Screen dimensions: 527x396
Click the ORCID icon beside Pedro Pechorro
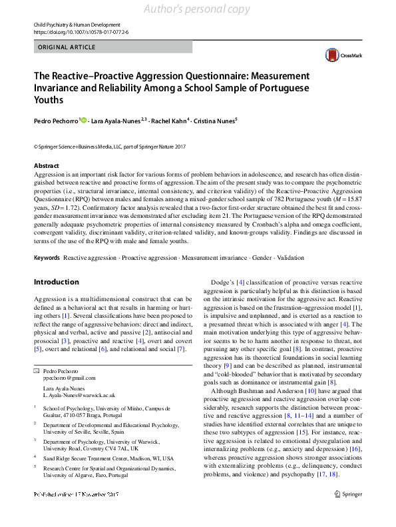pyautogui.click(x=84, y=120)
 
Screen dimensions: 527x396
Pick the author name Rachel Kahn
pyautogui.click(x=169, y=121)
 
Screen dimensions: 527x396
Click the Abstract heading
pyautogui.click(x=46, y=165)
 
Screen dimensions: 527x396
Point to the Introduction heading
pyautogui.click(x=56, y=282)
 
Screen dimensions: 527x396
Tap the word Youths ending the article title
pyautogui.click(x=49, y=100)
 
